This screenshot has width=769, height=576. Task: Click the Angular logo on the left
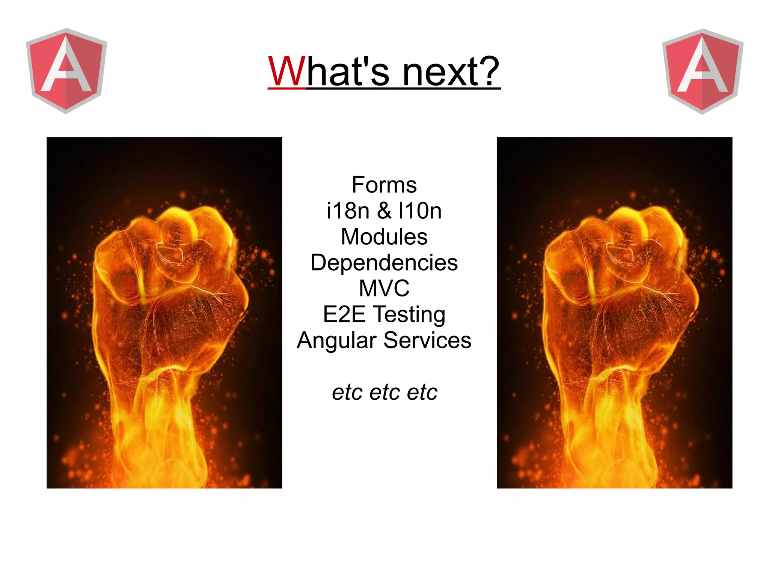click(66, 71)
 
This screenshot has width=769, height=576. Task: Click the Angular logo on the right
click(703, 71)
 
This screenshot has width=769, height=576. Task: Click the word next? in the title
click(451, 72)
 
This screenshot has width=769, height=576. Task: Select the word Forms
click(384, 185)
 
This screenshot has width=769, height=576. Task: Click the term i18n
click(348, 211)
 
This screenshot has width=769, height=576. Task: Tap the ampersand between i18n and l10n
click(384, 211)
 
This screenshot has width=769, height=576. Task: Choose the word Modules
click(384, 237)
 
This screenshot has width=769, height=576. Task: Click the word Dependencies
click(384, 262)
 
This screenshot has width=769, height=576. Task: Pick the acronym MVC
click(384, 288)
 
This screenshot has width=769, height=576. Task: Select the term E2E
click(344, 314)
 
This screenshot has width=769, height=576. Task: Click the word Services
click(427, 340)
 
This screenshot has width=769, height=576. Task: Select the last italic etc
click(422, 393)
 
